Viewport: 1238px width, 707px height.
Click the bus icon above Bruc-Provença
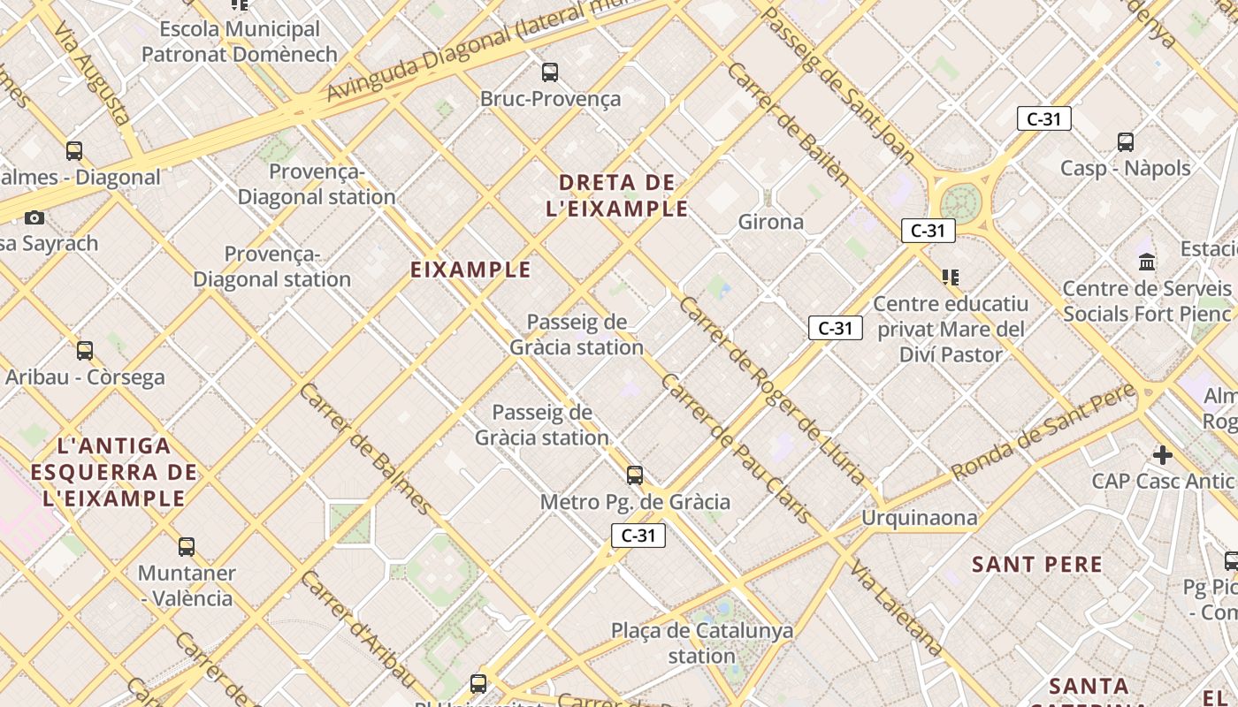tap(550, 72)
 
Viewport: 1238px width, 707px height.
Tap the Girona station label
tap(771, 222)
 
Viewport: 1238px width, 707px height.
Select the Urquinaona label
tap(920, 518)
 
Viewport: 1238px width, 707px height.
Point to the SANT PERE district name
tap(1037, 565)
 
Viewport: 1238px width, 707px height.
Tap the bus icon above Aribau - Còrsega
tap(85, 351)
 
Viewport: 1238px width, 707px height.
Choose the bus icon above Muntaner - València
tap(186, 547)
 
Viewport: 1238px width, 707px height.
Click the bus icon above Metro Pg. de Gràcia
tap(635, 475)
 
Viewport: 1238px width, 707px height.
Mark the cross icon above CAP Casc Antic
tap(1162, 455)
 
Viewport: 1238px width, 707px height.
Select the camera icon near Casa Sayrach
tap(34, 217)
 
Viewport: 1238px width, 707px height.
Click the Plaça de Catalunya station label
tap(702, 643)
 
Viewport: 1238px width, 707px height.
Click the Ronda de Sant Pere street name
tap(1043, 432)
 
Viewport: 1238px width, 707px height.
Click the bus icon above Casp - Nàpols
tap(1126, 141)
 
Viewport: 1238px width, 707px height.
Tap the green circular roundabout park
tap(961, 201)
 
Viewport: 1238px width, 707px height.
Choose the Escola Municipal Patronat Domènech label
tap(240, 42)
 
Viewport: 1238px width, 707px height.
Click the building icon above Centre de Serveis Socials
tap(1148, 262)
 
